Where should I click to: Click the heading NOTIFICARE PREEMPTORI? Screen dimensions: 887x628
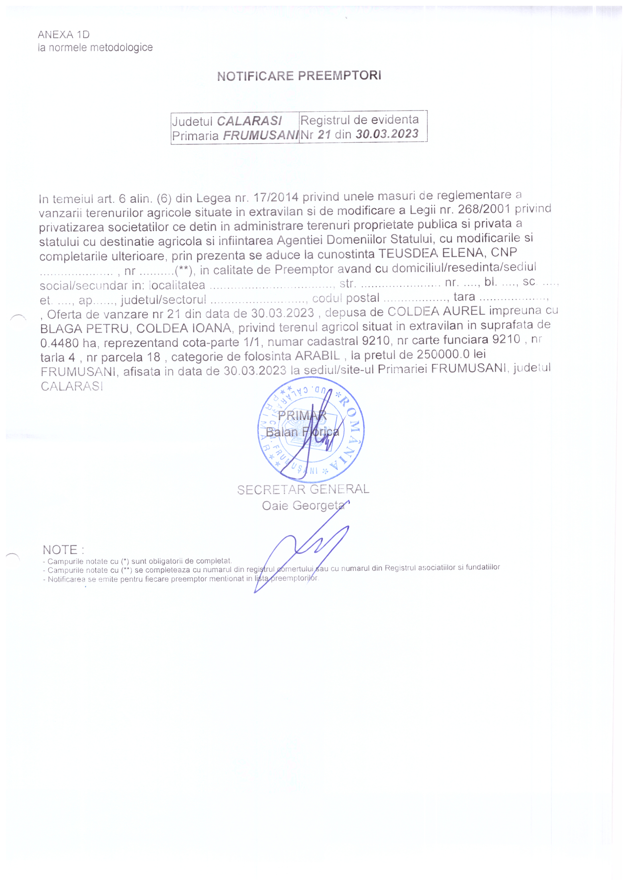(x=299, y=76)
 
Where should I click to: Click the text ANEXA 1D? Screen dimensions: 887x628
(x=64, y=35)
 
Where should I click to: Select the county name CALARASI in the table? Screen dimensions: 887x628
(x=249, y=121)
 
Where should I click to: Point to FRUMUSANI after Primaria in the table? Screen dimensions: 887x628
(x=261, y=135)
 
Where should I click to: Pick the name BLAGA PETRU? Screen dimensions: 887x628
(x=84, y=329)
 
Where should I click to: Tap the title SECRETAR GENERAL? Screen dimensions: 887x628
(x=303, y=489)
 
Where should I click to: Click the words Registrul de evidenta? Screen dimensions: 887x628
(x=359, y=120)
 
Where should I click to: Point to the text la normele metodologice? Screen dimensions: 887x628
(x=95, y=48)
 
